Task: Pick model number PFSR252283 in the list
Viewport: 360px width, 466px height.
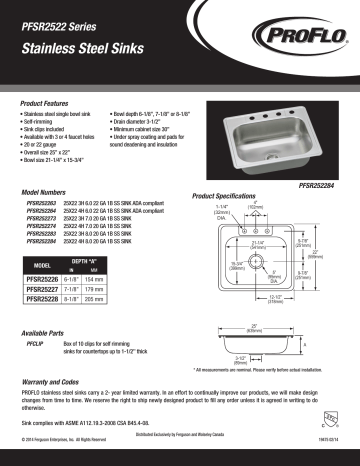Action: pyautogui.click(x=41, y=235)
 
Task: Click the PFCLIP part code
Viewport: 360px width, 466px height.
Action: pyautogui.click(x=33, y=343)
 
